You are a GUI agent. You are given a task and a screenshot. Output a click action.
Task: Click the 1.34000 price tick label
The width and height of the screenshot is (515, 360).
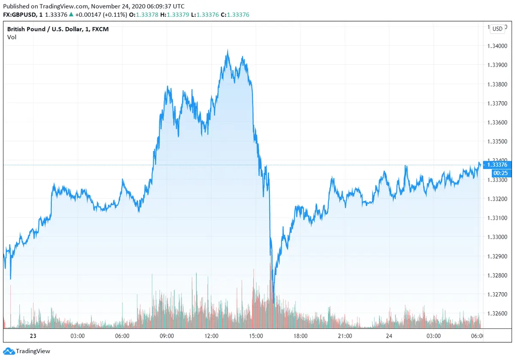pos(497,46)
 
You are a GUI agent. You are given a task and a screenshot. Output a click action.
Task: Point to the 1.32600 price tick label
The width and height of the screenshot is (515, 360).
pos(497,314)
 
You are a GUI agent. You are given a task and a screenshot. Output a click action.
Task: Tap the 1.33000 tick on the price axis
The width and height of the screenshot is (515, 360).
pos(497,237)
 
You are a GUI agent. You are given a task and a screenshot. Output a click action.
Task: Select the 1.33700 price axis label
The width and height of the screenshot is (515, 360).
pos(497,103)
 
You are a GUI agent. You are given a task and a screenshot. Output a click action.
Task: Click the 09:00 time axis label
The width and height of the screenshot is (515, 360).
pos(167,336)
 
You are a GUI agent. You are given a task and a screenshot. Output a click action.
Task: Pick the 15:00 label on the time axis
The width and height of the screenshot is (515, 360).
pos(256,336)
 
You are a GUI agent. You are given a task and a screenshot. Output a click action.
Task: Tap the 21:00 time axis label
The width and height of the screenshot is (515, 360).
pos(345,336)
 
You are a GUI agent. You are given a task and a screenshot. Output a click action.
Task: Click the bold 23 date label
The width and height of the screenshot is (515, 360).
pos(33,336)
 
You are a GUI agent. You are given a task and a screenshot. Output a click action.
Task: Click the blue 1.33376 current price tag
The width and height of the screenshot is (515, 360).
pos(497,165)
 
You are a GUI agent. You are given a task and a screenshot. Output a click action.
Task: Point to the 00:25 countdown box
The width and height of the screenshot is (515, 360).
pos(497,173)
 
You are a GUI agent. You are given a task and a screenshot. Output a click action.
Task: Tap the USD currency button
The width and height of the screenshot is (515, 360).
pos(497,29)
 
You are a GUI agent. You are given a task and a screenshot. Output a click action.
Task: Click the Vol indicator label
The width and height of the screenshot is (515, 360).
pos(12,37)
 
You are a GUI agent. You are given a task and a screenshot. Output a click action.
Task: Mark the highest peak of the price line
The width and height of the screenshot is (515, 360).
pos(227,51)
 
